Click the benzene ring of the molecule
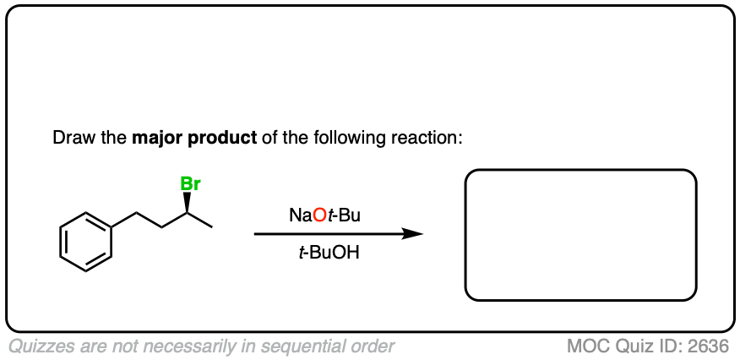click(x=85, y=241)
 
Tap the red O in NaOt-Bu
click(x=319, y=215)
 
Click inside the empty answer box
click(x=580, y=235)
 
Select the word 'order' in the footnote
click(x=373, y=346)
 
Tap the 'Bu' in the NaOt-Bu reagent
click(x=349, y=215)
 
